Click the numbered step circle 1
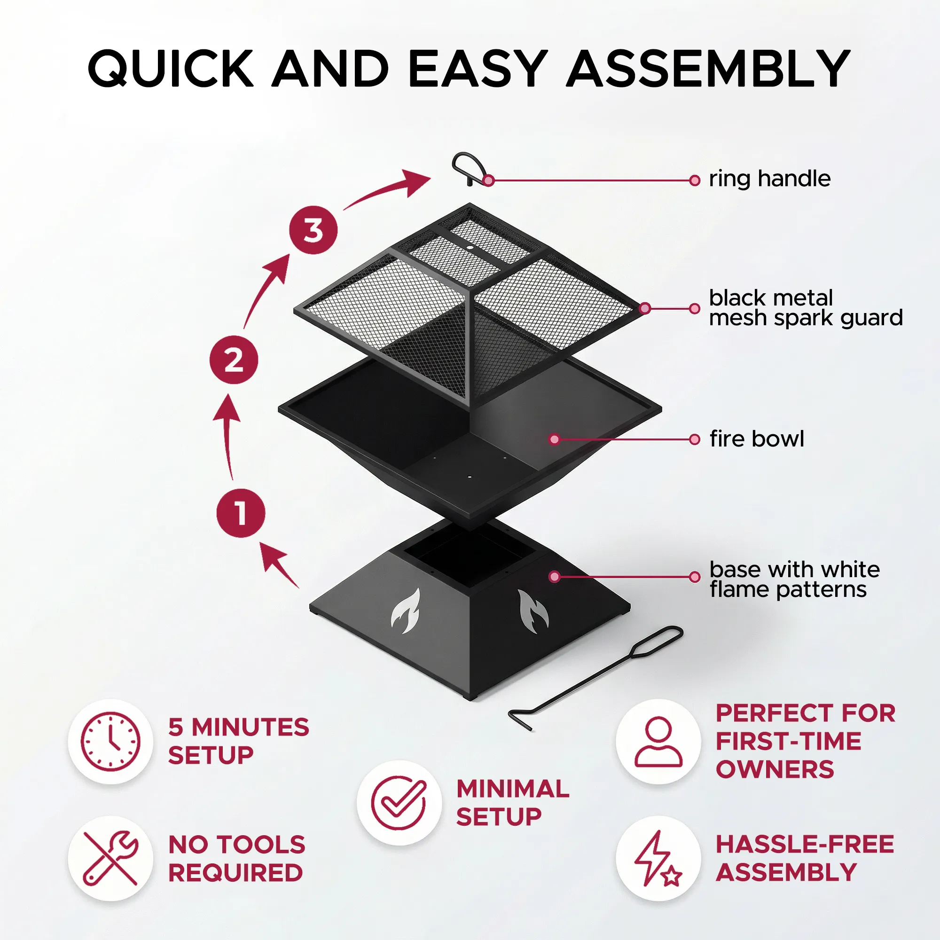point(240,513)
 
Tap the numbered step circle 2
point(234,360)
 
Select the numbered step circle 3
point(313,230)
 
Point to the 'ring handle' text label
point(769,179)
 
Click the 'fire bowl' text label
point(757,439)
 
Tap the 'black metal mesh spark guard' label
point(806,307)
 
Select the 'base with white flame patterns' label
point(794,579)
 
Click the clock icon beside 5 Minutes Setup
point(110,742)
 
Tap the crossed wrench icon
point(110,858)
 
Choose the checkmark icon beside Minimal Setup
point(399,803)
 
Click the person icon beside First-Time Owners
point(658,742)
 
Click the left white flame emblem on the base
point(406,611)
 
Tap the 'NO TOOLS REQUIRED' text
point(236,858)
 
